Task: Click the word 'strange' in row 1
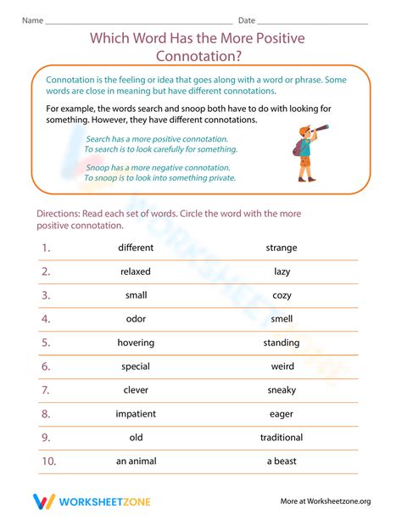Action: tap(282, 248)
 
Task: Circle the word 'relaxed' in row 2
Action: tap(136, 271)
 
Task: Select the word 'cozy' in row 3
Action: tap(282, 295)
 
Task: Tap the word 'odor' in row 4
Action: tap(136, 319)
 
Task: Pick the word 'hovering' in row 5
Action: tap(136, 343)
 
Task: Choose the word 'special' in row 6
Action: tap(136, 366)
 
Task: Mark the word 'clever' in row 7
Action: tap(136, 390)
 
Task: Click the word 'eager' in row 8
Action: tap(282, 414)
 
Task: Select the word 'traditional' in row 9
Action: tap(282, 438)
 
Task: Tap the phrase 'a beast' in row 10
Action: tap(282, 461)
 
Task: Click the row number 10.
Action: tap(47, 461)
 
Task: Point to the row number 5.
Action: tap(47, 343)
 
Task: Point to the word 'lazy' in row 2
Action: tap(282, 271)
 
